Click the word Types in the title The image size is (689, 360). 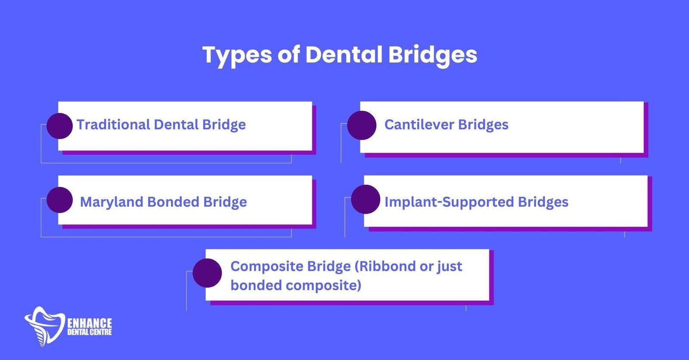click(237, 55)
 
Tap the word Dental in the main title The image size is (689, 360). click(343, 54)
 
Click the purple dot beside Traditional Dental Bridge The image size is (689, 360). click(59, 126)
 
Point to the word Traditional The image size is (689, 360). click(113, 124)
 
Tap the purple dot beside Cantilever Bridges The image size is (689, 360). click(362, 125)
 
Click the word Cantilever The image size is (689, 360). click(419, 124)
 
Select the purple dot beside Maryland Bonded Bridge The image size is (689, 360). click(59, 200)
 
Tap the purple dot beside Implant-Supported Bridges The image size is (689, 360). click(366, 199)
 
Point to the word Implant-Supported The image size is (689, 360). click(449, 202)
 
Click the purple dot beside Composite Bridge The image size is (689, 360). click(207, 273)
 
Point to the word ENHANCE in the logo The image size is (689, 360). click(90, 323)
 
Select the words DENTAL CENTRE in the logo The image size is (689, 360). click(90, 332)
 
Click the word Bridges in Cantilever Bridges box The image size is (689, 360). click(483, 124)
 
